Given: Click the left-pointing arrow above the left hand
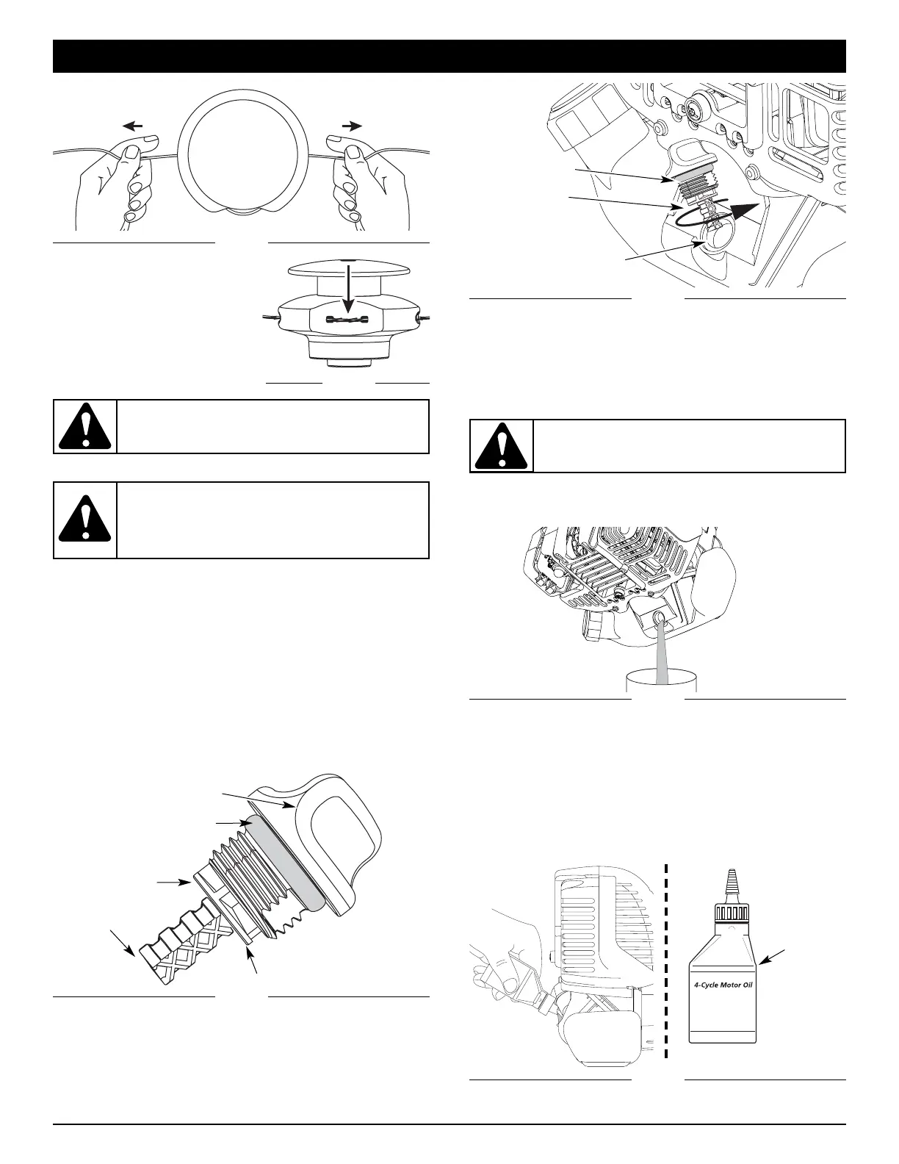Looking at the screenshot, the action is (132, 126).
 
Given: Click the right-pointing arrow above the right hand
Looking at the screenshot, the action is (352, 126).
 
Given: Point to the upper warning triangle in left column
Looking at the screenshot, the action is (85, 427).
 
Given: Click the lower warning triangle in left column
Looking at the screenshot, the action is (85, 520).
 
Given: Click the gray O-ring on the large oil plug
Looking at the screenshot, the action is (286, 864).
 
